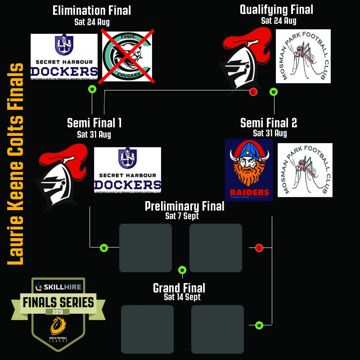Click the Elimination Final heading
point(91,10)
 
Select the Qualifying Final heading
point(276,9)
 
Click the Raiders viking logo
point(249,169)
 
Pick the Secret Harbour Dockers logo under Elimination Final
point(64,57)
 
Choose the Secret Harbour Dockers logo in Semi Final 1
point(127,170)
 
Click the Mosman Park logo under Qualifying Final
point(303,56)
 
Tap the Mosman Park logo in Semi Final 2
point(305,170)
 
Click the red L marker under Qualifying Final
point(253,92)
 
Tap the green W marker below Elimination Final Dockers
point(92,89)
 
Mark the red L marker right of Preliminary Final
point(259,248)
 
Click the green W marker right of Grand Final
point(259,325)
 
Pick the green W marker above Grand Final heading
point(182,270)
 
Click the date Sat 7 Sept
point(182,216)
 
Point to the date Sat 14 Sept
point(182,297)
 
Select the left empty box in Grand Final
point(147,329)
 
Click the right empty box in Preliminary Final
point(216,248)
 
